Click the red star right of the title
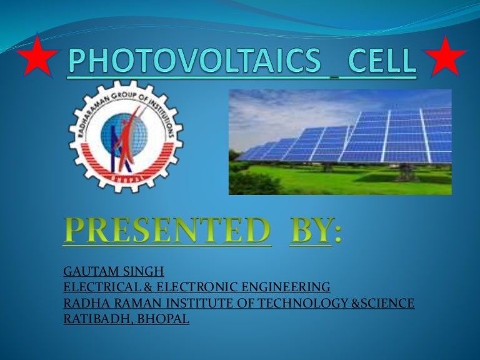(446, 57)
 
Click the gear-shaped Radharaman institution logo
(126, 136)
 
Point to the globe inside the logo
(124, 135)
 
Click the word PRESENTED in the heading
(167, 230)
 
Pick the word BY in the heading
(310, 230)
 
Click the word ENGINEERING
(286, 287)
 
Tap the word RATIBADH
(98, 319)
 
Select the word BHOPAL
(163, 319)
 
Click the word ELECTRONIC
(197, 287)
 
